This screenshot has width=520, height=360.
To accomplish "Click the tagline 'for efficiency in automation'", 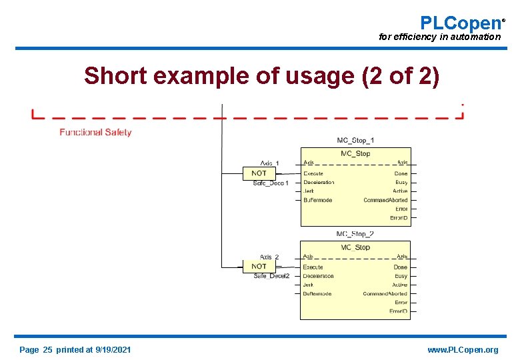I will point(439,37).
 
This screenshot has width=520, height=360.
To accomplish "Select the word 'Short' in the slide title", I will point(114,77).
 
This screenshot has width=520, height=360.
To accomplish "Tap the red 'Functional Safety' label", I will point(95,132).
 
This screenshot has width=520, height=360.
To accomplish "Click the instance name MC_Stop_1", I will point(355,140).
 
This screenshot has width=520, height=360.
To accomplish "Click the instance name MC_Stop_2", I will point(355,234).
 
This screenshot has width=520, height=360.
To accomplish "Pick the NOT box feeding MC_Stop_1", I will point(259,173).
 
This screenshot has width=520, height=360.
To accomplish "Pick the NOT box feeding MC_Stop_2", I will point(259,266).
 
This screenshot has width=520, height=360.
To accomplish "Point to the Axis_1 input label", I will point(269,163).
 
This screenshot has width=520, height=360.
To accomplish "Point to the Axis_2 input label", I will point(269,257).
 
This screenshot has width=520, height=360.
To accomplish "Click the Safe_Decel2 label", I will point(271,276).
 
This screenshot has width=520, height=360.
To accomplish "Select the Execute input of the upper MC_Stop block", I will point(313,173).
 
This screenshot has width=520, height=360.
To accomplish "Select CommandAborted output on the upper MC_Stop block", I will point(385,200).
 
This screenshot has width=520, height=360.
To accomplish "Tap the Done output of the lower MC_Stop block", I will point(400,267).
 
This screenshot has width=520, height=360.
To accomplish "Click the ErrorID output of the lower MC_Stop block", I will point(398,311).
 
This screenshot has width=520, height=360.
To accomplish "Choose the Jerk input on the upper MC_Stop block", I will point(308,191).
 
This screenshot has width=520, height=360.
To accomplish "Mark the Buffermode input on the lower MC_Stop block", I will point(317,293).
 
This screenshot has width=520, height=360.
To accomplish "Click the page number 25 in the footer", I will point(47,350).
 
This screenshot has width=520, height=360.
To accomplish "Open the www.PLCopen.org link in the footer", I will point(463,350).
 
